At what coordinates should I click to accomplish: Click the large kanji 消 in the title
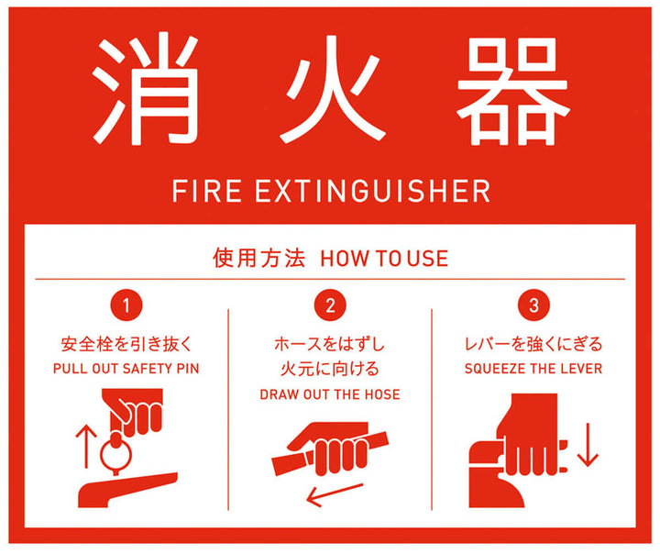146,90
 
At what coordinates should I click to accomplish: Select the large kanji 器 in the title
513,91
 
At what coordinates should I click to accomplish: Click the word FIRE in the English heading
206,191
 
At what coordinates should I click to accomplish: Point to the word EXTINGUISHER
373,191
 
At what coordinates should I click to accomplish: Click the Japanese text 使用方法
258,258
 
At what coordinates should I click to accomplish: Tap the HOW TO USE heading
384,259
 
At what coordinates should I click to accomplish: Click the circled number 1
126,305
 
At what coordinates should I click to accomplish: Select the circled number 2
330,305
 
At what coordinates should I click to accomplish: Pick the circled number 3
533,305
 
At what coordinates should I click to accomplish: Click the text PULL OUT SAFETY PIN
126,369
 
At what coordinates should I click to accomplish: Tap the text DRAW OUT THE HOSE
330,394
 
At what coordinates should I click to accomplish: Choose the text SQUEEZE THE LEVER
533,369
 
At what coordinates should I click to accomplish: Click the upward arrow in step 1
86,446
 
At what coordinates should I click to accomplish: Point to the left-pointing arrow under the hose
335,494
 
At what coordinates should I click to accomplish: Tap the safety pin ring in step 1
102,454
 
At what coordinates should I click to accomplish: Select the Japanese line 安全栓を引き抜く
126,344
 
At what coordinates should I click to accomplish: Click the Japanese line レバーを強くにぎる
533,344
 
